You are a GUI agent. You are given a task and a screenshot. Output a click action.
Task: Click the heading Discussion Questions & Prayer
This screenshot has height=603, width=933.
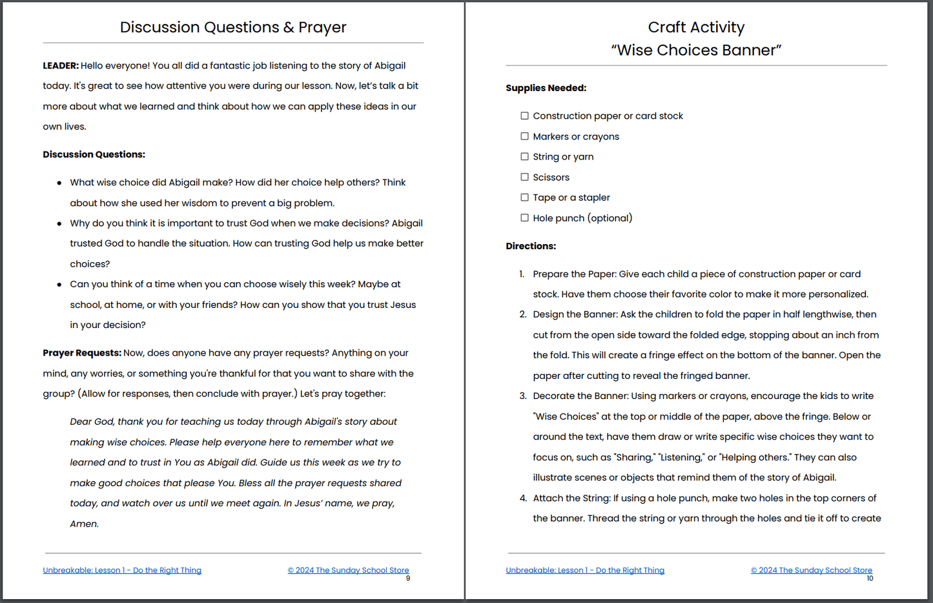pos(233,27)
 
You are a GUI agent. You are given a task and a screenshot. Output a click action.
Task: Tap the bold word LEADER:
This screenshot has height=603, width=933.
pos(61,65)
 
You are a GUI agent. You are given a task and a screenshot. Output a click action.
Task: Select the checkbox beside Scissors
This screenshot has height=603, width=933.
pos(524,177)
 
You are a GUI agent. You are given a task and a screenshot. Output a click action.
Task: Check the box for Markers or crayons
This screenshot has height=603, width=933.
pos(524,136)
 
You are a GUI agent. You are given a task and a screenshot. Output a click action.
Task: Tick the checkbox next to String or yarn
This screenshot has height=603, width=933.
pos(524,156)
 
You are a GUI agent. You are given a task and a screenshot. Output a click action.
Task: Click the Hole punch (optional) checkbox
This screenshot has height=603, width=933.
pos(524,218)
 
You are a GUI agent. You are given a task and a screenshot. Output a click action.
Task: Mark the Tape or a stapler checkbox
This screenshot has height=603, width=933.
pos(524,197)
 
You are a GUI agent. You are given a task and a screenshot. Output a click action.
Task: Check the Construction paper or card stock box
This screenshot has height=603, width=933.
pos(524,116)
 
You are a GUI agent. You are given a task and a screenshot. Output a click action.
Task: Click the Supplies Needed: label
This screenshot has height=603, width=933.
pos(546,88)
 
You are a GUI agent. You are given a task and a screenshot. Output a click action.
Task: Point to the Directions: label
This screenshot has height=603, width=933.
pos(531,246)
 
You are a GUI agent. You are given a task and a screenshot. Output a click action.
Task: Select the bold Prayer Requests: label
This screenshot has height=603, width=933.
pos(82,353)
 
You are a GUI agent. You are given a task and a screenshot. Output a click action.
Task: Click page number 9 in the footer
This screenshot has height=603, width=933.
pos(408,578)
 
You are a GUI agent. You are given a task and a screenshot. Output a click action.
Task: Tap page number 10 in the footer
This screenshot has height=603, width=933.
pos(870,578)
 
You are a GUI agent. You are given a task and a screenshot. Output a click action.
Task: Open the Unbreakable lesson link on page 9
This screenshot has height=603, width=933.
pos(122,570)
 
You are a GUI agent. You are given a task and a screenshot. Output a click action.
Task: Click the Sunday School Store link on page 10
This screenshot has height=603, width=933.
pos(811,570)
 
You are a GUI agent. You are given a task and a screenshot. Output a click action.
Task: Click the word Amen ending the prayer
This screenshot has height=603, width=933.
pos(84,524)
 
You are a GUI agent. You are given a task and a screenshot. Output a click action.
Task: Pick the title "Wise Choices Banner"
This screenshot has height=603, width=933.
pos(696,50)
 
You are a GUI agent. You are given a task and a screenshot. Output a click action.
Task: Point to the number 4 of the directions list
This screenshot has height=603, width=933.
pos(523,498)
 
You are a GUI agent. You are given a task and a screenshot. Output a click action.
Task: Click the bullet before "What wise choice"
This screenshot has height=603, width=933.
pos(59,183)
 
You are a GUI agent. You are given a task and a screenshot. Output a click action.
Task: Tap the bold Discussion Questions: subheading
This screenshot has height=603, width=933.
pos(94,154)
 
